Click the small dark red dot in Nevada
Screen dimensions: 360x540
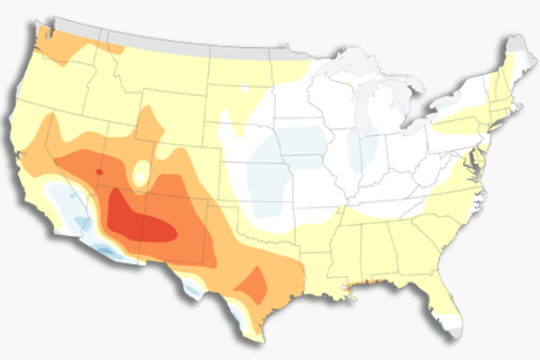coord(98,171)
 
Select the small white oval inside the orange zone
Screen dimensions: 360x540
coord(141,170)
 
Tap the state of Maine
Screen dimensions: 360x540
coord(518,65)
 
